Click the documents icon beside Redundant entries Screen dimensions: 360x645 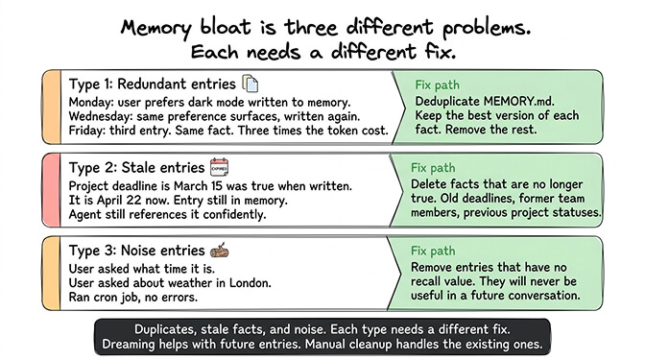click(251, 84)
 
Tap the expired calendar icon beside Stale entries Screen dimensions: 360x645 click(219, 167)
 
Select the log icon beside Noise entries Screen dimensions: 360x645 click(219, 252)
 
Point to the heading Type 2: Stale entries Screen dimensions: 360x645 click(135, 168)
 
